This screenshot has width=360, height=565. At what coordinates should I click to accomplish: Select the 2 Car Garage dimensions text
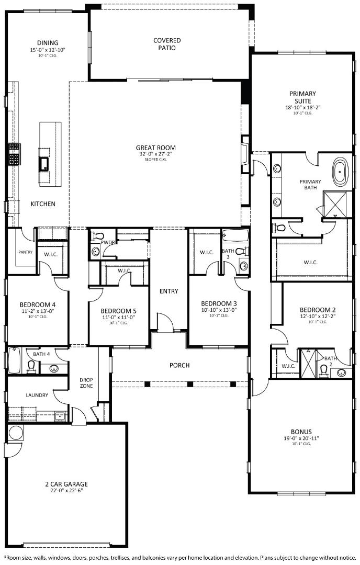tap(66, 491)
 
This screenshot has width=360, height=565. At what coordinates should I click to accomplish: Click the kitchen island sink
tap(43, 164)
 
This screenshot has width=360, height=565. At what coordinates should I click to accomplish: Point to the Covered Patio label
tap(167, 44)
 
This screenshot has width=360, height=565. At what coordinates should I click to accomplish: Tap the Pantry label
tap(25, 252)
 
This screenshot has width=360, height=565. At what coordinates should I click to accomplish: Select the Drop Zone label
tap(86, 383)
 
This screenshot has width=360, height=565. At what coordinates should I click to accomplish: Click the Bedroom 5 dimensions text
tap(119, 317)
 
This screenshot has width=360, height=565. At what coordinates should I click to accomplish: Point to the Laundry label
tap(37, 395)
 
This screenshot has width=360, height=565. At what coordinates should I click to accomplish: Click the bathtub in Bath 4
tap(13, 361)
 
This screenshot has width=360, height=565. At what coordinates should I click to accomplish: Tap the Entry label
tap(169, 291)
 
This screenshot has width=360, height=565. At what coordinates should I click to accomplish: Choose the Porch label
tap(179, 365)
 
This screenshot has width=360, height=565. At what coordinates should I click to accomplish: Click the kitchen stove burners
tap(14, 154)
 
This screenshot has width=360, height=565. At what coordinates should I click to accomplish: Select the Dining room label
tap(48, 43)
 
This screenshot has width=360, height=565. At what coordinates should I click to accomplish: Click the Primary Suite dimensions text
tap(302, 107)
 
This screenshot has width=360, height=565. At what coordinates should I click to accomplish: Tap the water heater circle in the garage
tap(16, 433)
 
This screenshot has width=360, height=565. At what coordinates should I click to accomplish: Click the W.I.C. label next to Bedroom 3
tap(207, 253)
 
